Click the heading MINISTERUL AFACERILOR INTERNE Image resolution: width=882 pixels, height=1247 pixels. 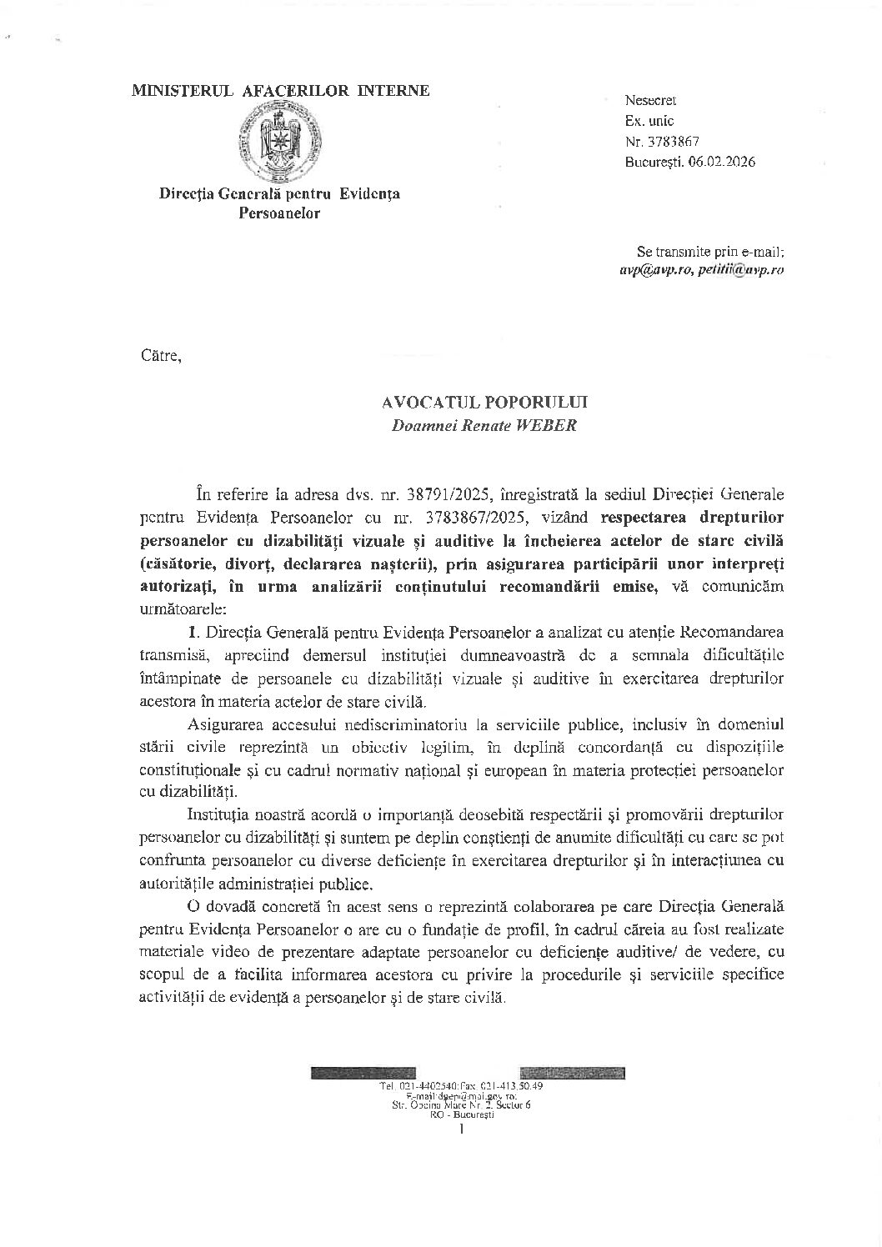click(281, 90)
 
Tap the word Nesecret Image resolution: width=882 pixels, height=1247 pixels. click(650, 100)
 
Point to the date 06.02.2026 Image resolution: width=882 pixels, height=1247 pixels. click(722, 163)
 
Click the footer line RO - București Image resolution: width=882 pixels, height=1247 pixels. click(461, 1114)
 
